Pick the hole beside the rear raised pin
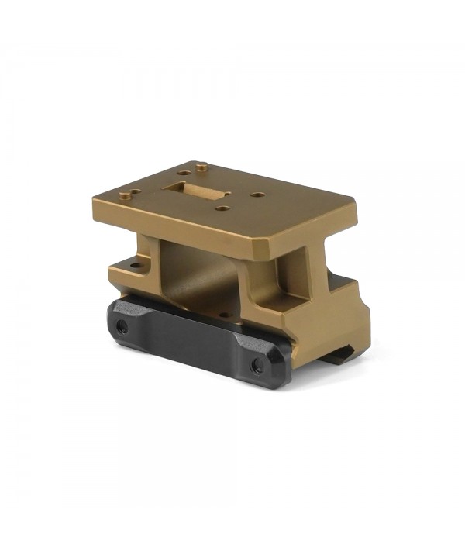click(x=183, y=172)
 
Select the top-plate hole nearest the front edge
click(x=222, y=208)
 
